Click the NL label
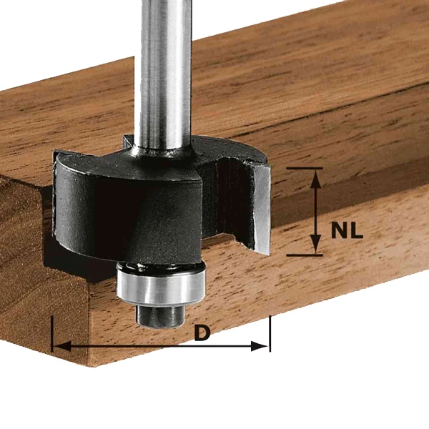(x=347, y=231)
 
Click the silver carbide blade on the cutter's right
(x=261, y=207)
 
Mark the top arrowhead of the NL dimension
(x=315, y=176)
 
